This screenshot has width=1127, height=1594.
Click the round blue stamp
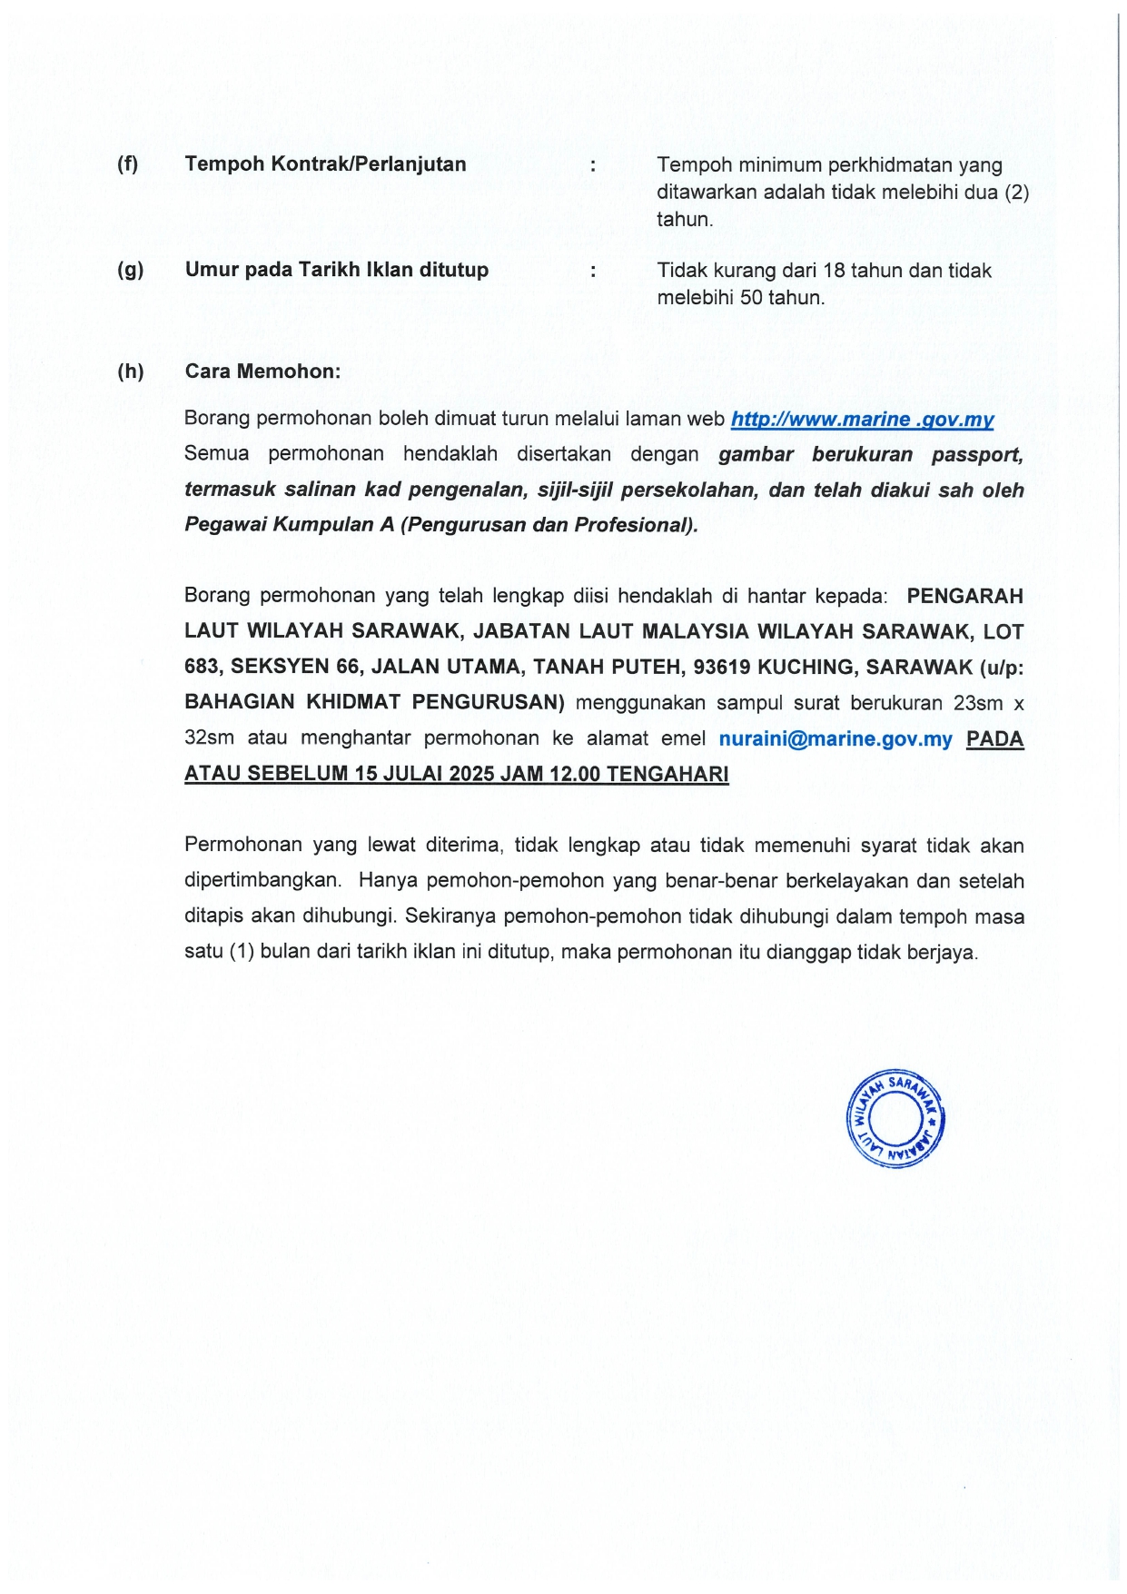click(895, 1118)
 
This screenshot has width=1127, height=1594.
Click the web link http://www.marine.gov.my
click(862, 420)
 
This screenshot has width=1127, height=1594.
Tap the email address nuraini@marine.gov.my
click(835, 739)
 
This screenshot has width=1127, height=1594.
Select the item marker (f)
click(128, 164)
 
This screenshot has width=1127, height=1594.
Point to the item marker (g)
click(130, 270)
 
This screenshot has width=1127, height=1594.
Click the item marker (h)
click(130, 371)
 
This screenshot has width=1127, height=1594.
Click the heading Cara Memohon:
click(262, 371)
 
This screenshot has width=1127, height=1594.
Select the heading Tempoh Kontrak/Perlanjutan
click(325, 164)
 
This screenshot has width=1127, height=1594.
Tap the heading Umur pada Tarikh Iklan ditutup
click(336, 270)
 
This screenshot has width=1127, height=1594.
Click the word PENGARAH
click(964, 597)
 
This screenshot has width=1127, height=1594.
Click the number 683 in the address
click(202, 668)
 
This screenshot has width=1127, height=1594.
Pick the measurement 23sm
click(977, 704)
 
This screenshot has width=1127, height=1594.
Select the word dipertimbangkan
click(262, 881)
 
